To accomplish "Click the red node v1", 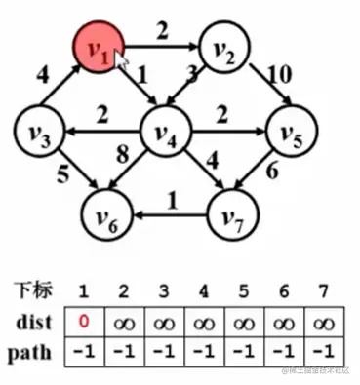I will [x=98, y=47].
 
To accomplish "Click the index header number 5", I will [x=242, y=289].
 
